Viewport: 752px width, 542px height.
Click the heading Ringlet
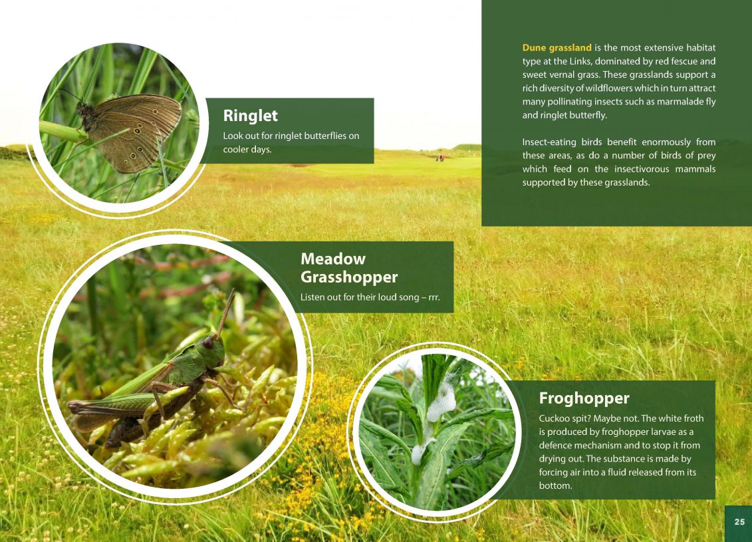251,116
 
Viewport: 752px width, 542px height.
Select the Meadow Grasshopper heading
348,267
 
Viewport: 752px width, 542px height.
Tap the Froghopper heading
584,398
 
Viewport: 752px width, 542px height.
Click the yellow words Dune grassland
557,47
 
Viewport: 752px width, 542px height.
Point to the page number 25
739,522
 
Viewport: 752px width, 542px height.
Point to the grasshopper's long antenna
225,312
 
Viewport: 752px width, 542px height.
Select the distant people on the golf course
440,158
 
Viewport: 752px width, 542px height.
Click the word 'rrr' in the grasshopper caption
434,297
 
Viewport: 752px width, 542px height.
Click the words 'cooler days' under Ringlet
247,149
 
